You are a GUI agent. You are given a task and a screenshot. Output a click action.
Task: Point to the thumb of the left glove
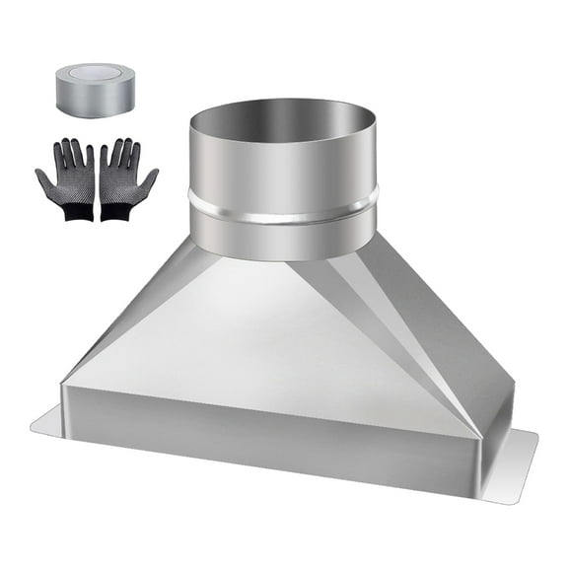coord(43,179)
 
